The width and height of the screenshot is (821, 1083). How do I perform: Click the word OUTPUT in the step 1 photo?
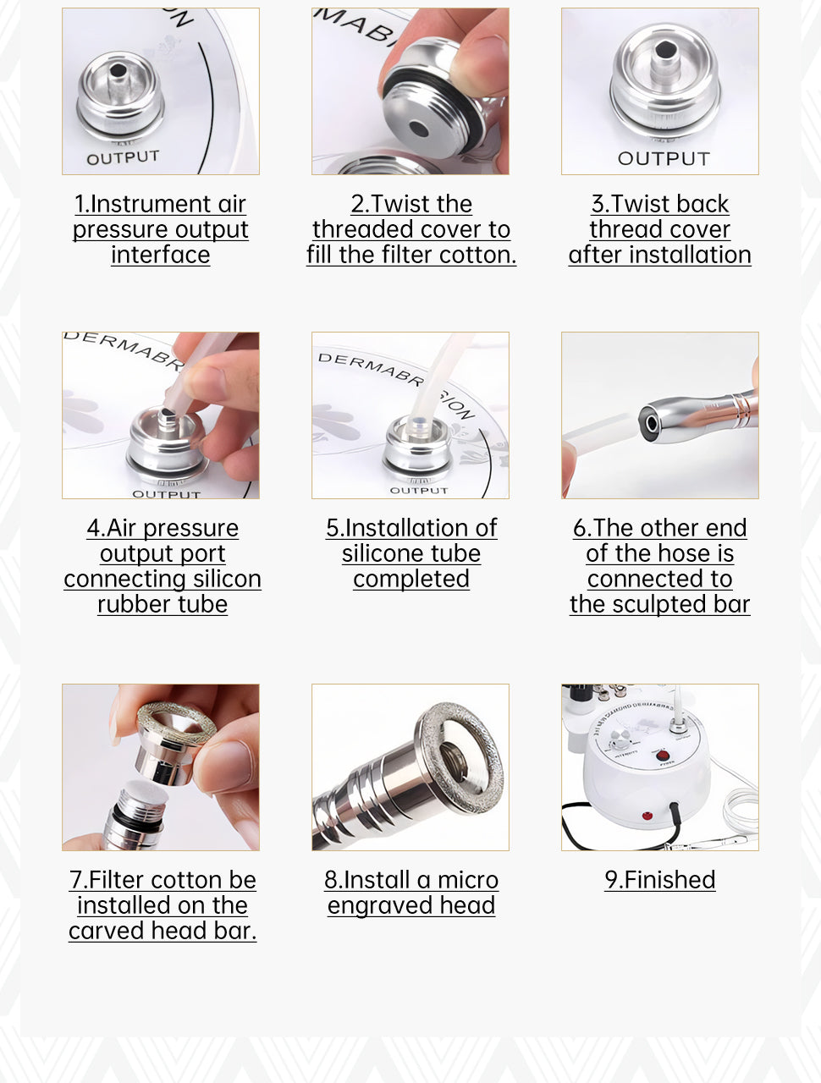click(x=123, y=157)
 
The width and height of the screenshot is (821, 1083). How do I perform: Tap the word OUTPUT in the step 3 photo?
click(x=664, y=158)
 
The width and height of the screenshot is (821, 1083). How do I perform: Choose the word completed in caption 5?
click(x=411, y=579)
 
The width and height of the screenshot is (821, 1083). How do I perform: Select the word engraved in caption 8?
click(x=380, y=905)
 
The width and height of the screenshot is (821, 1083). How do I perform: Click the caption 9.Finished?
click(x=660, y=880)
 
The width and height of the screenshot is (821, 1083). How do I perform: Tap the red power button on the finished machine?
click(x=663, y=756)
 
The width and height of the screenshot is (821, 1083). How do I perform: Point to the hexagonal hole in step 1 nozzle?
click(x=118, y=70)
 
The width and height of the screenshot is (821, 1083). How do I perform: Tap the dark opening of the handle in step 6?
click(x=651, y=423)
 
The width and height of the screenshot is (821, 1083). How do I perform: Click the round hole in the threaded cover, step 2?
click(x=419, y=129)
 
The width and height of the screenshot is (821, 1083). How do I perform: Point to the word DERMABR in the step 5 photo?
click(x=371, y=369)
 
